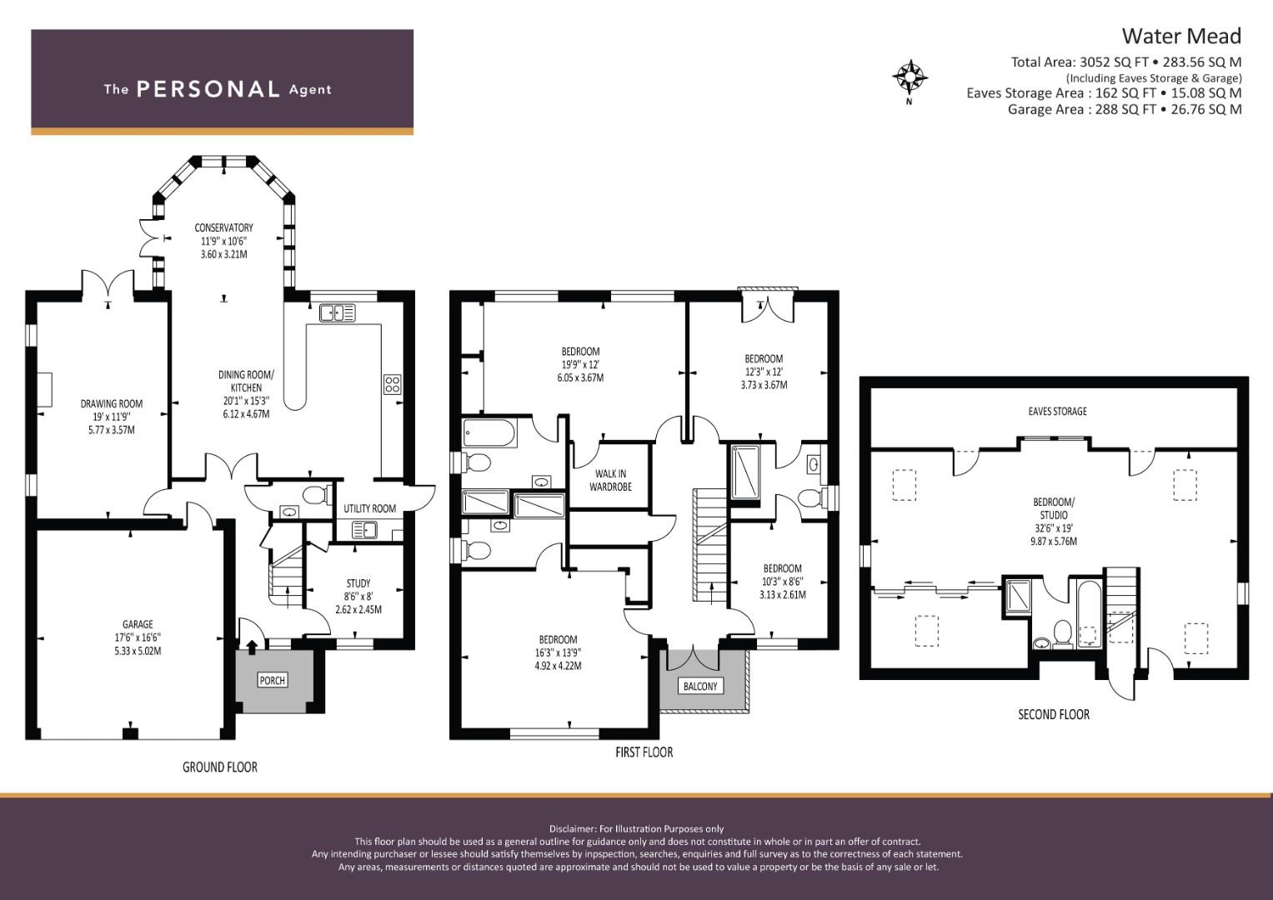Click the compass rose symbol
point(910,77)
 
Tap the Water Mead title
point(1181,37)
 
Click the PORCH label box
point(273,680)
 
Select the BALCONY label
point(700,686)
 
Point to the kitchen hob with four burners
point(392,384)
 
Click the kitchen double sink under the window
point(337,313)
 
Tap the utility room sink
point(364,530)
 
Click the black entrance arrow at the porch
point(251,645)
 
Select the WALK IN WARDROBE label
point(610,480)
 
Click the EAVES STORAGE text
point(1057,411)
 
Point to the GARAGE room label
point(138,624)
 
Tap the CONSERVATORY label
point(223,227)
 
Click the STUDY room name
point(358,583)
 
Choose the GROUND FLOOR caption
point(220,767)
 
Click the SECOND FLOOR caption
point(1054,714)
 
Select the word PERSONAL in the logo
point(208,89)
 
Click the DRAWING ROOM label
point(112,404)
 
